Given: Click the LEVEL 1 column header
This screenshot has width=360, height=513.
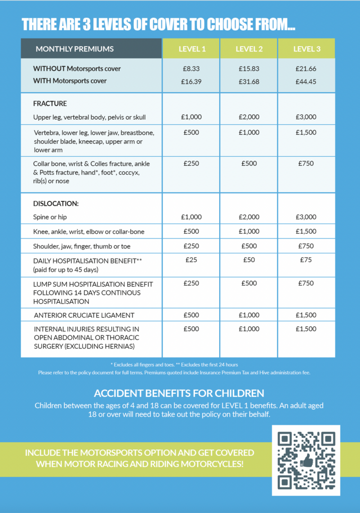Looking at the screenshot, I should point(192,49).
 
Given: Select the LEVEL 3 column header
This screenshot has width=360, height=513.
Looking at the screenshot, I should point(306,49).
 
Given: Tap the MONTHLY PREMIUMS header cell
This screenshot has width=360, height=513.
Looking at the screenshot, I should point(75,49).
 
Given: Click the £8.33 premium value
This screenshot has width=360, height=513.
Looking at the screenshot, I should point(192,69).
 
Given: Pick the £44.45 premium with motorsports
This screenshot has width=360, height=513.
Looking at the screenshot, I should point(306,81).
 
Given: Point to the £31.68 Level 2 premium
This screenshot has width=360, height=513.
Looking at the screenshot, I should point(249,81).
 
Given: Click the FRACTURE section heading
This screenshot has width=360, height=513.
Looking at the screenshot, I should point(50,104).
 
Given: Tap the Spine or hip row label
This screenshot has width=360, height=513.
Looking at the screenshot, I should point(50,217).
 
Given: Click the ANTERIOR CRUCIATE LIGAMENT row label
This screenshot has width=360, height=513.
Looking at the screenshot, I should point(84,315).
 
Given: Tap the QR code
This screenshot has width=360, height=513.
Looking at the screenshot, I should point(305,460).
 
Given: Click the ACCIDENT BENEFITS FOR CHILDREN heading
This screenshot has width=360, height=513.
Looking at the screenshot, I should point(179,393).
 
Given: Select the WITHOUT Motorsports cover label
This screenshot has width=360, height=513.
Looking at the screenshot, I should point(77,69).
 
